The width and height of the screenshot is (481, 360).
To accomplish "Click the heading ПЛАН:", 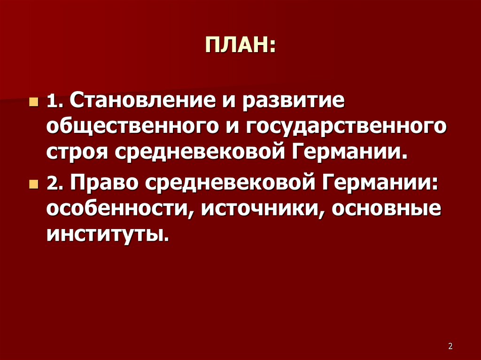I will (240, 46).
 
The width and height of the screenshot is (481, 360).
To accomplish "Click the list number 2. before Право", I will (54, 183).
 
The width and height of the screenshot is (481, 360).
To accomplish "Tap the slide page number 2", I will (450, 346).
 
